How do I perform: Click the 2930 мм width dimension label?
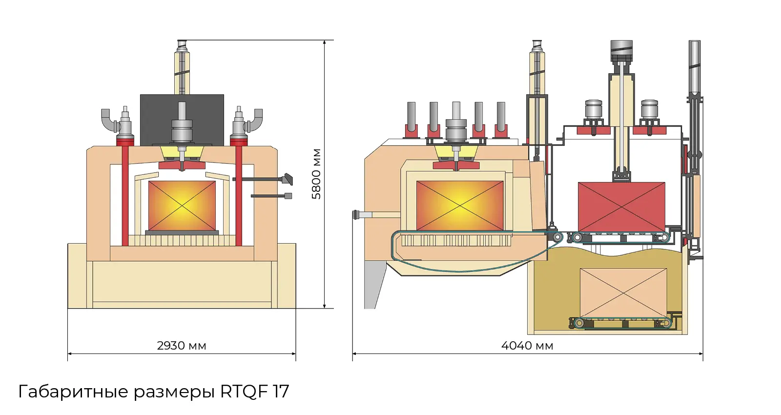181,346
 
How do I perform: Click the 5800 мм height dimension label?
317,174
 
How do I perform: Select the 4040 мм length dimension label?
527,346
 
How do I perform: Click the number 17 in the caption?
281,392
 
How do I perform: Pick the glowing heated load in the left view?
182,206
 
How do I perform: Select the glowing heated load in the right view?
460,206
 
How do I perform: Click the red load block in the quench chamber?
621,207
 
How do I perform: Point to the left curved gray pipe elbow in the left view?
108,120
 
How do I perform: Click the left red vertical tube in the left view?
125,195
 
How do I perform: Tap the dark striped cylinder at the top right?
621,51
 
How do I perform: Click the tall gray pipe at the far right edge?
694,68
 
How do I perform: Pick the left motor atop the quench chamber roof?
593,110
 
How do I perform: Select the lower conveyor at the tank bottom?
621,323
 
